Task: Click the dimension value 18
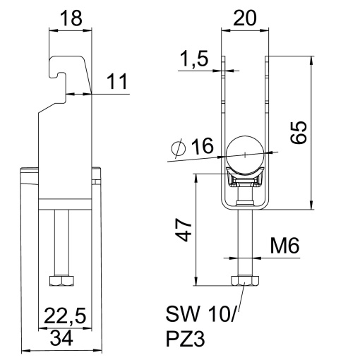pyautogui.click(x=70, y=18)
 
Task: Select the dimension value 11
pyautogui.click(x=118, y=83)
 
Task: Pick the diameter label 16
pyautogui.click(x=200, y=147)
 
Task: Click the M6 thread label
pyautogui.click(x=285, y=246)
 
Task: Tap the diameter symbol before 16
pyautogui.click(x=179, y=148)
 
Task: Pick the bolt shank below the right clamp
pyautogui.click(x=244, y=244)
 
